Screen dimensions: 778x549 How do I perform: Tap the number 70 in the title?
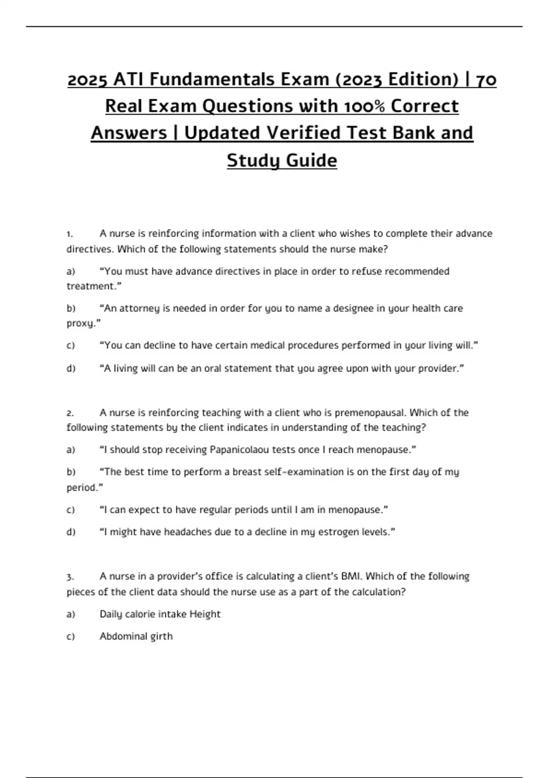tap(486, 80)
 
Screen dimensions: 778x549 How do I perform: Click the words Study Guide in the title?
tap(282, 160)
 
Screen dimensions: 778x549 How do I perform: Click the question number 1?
tap(70, 234)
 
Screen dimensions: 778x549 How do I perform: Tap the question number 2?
tap(70, 413)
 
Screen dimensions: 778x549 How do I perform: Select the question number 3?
tap(70, 577)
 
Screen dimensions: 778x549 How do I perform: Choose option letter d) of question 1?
tap(70, 368)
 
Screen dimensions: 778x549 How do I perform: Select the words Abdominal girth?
tap(136, 636)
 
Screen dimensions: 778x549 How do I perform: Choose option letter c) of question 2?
tap(70, 510)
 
